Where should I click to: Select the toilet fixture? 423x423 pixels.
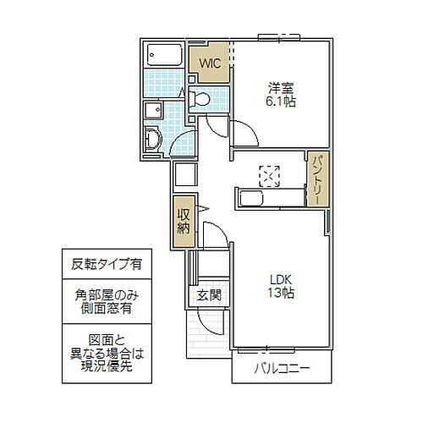pos(201,100)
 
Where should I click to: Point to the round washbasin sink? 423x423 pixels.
pos(152,139)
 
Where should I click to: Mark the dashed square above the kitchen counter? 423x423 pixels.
pos(269,175)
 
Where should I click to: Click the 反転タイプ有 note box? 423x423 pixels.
pos(102,264)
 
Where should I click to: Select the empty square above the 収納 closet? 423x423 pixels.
pos(184,175)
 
